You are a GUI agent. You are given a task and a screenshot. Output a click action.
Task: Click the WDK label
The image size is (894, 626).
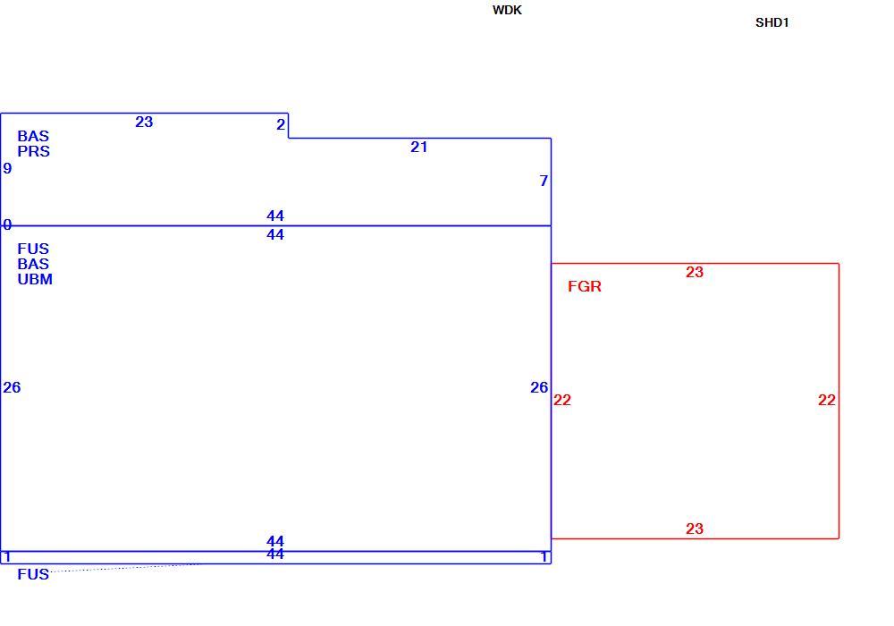tap(507, 10)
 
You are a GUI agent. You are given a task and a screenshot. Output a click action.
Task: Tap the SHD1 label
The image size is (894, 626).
tap(772, 23)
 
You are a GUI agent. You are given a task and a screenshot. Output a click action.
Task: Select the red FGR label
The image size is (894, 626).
tap(585, 286)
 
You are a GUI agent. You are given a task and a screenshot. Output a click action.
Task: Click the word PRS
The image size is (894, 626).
tap(34, 152)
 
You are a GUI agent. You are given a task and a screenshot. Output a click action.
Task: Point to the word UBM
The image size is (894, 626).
tap(35, 279)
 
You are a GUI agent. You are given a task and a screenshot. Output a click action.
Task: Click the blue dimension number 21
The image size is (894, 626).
tap(419, 147)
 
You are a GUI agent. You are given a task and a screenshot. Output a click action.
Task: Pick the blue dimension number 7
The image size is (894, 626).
tap(544, 181)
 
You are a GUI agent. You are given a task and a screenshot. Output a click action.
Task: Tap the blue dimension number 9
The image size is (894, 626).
tap(7, 168)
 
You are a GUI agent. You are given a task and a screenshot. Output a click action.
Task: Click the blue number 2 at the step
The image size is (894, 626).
tap(281, 124)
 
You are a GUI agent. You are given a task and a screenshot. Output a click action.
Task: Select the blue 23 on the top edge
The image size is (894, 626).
tap(144, 122)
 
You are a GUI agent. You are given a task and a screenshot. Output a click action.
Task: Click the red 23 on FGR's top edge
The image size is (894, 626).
tap(695, 272)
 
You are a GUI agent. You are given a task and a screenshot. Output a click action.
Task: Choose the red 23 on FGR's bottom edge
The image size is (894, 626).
tap(695, 529)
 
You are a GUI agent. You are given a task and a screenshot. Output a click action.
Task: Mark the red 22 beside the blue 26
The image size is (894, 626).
tap(562, 401)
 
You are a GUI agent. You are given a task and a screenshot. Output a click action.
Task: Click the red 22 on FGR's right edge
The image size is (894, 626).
tap(827, 401)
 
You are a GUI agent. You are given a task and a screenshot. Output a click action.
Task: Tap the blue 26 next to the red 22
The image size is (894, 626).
tap(539, 388)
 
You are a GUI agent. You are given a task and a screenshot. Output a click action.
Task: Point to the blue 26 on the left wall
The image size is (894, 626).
tap(12, 388)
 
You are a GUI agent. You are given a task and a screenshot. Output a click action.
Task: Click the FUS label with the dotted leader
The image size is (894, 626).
tap(33, 574)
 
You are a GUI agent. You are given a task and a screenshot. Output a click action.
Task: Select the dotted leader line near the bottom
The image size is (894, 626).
tap(125, 567)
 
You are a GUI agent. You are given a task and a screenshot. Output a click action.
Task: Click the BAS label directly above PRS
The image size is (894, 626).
tap(33, 136)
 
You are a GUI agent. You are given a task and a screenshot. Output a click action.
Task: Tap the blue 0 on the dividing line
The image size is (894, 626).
tap(7, 224)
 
